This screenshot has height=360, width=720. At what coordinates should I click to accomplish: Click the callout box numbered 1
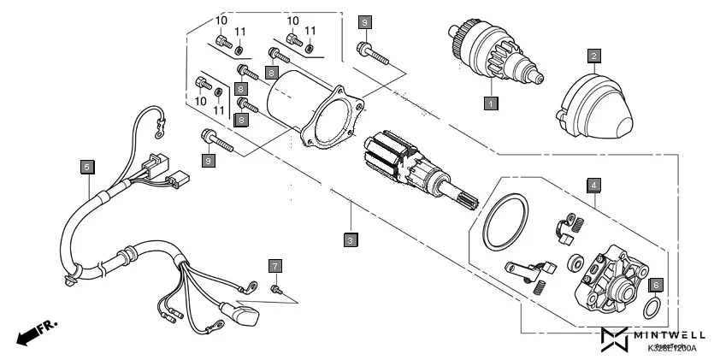[x=490, y=103]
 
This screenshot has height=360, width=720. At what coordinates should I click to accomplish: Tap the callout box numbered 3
[x=351, y=240]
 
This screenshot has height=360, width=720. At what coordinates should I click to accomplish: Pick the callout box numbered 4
[x=592, y=184]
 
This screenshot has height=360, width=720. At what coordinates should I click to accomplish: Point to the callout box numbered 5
[x=86, y=167]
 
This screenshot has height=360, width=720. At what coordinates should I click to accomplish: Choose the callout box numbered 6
[x=656, y=284]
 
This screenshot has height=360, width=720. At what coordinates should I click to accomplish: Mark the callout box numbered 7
[x=274, y=265]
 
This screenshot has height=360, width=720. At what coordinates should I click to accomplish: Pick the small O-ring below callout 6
[x=652, y=306]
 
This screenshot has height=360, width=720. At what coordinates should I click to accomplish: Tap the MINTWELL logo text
[x=668, y=335]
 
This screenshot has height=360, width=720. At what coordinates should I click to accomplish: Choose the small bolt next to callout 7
[x=276, y=291]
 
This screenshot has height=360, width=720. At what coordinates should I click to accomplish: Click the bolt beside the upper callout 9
[x=374, y=52]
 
